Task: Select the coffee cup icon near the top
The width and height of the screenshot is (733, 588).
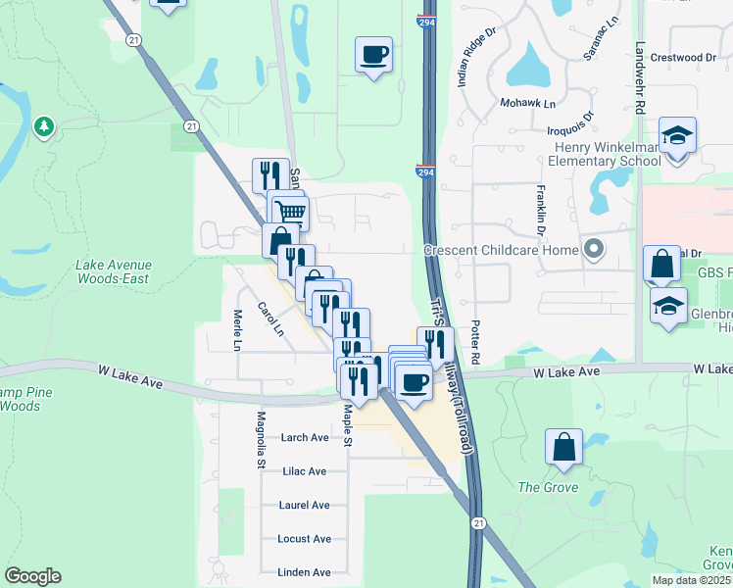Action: (x=373, y=55)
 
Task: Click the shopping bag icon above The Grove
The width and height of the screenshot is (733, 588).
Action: (x=563, y=448)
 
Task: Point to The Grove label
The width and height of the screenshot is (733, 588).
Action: (x=548, y=487)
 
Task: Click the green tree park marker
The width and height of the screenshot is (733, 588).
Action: (x=43, y=126)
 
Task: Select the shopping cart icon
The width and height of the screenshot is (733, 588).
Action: (x=290, y=211)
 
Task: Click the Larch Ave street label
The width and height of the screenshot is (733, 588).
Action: (x=305, y=438)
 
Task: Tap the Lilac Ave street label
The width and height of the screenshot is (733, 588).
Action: (x=304, y=471)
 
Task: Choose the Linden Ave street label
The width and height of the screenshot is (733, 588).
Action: (x=304, y=572)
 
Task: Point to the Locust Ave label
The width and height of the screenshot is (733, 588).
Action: (x=304, y=539)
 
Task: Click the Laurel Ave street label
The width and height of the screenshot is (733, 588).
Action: (x=304, y=505)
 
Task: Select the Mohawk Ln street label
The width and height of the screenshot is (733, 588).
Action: (x=528, y=103)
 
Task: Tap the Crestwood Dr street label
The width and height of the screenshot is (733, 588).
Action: (x=683, y=58)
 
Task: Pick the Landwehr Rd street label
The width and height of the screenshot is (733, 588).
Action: (x=640, y=80)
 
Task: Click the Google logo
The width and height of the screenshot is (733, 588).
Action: (x=32, y=576)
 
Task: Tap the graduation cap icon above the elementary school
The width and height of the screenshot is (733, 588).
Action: (x=677, y=136)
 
